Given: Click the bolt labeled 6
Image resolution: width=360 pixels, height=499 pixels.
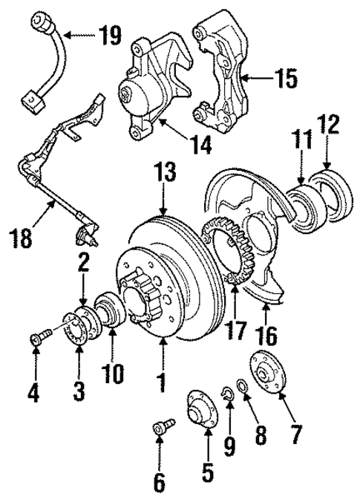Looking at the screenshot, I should click(x=161, y=429).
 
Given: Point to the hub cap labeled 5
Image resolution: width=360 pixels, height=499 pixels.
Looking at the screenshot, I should click(x=198, y=405).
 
